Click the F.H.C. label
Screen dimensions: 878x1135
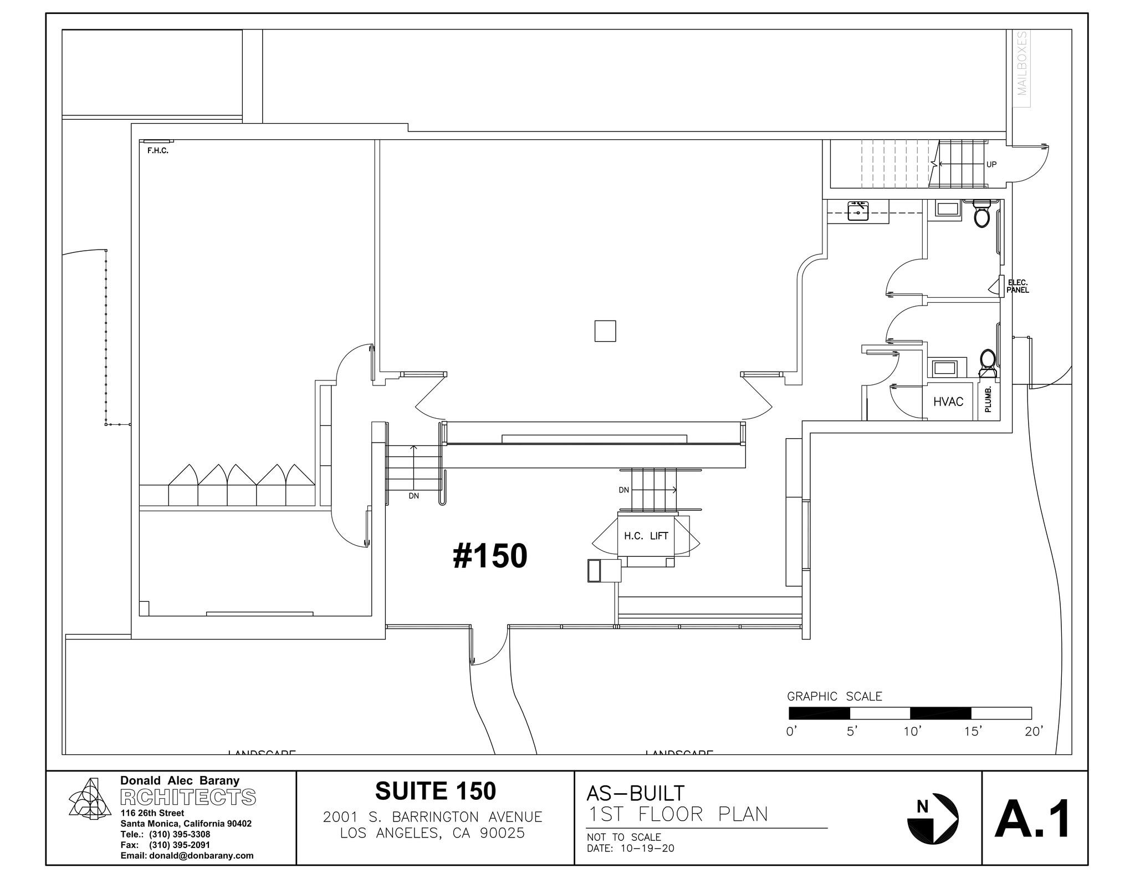tap(157, 151)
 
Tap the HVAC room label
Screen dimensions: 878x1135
tap(948, 402)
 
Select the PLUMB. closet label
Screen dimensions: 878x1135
tap(988, 399)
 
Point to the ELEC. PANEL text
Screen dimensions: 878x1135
tap(1018, 287)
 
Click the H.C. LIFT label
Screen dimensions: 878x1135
tap(646, 536)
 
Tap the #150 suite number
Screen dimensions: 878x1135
tap(490, 556)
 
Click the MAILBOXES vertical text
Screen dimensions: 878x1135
tap(1022, 63)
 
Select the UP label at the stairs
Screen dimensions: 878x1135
tap(991, 165)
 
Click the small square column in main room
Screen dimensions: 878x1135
tap(605, 331)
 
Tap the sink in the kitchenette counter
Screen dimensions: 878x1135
tap(858, 211)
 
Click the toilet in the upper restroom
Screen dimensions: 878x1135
tap(981, 215)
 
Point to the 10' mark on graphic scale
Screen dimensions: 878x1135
tap(912, 732)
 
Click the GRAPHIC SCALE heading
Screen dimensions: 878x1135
tap(834, 697)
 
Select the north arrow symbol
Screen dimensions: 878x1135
tap(933, 819)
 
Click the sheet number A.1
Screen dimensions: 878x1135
tap(1033, 819)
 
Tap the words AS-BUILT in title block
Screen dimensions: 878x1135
tap(636, 793)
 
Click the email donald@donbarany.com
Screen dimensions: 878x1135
tap(187, 855)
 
